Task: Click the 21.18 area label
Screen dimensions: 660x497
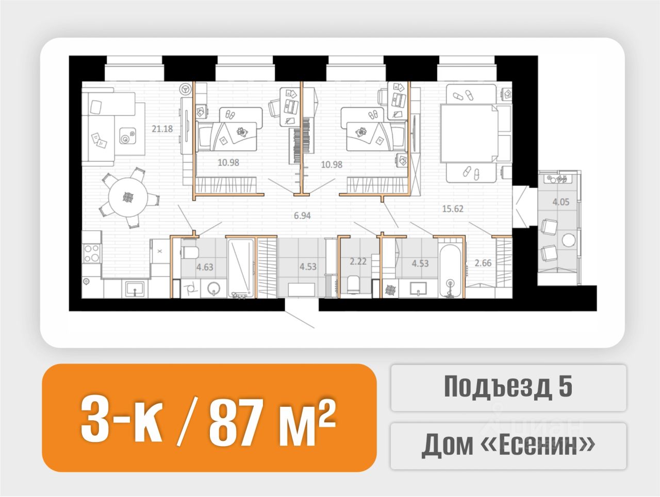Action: pos(162,129)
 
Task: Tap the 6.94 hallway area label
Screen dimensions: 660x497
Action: pos(302,215)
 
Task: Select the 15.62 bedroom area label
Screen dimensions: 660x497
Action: pos(453,209)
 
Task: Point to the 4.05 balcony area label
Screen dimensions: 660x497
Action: pos(561,202)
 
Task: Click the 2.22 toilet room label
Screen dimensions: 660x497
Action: pos(358,261)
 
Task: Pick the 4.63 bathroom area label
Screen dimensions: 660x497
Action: pos(205,267)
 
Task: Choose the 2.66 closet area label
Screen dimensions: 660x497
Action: pos(483,263)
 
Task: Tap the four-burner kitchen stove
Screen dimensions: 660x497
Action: pos(92,253)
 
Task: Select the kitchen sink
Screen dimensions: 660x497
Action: pos(135,288)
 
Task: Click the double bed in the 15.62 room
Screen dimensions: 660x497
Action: pos(469,133)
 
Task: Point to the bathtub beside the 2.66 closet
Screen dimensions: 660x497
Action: pos(450,272)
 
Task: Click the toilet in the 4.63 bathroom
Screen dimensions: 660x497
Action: pos(189,252)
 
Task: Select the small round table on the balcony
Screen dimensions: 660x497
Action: pos(569,240)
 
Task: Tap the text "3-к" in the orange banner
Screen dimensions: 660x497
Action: pos(122,422)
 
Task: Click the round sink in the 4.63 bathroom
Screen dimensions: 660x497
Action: pos(214,288)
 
